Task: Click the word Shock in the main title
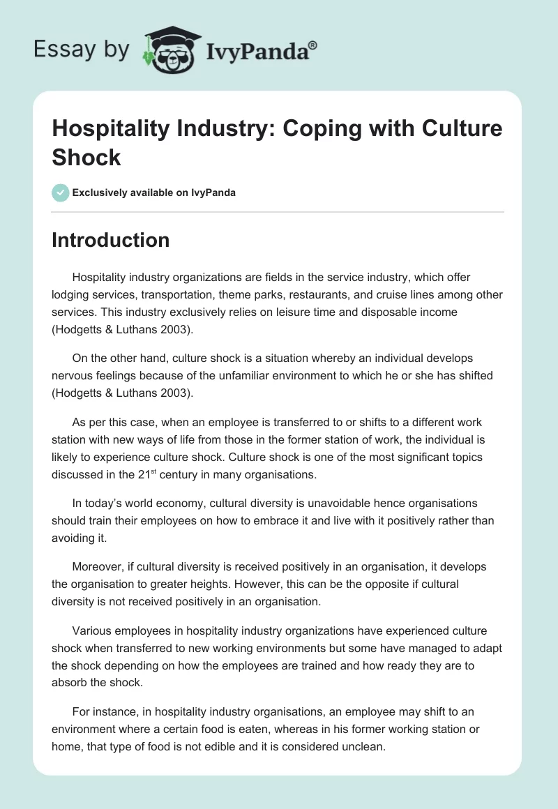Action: pos(86,157)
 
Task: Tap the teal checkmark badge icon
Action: pos(61,192)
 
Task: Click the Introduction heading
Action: pos(110,240)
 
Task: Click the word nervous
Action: pos(73,375)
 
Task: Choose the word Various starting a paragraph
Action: pos(93,631)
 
